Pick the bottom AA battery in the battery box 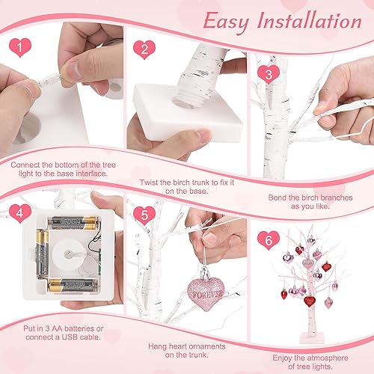tap(75, 285)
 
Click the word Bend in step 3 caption tap(279, 199)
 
